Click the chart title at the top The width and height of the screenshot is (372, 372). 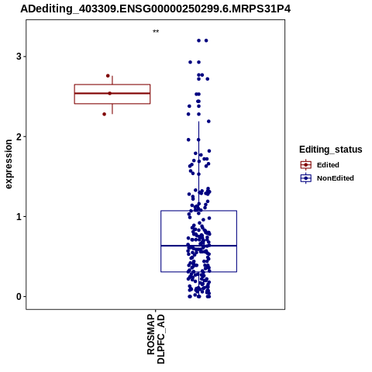pos(156,9)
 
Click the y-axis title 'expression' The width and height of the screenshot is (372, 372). pos(9,164)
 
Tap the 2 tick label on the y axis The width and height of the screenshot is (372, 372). pos(19,136)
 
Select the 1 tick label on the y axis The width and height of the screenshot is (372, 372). pos(19,217)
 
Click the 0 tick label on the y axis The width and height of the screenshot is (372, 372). pos(19,297)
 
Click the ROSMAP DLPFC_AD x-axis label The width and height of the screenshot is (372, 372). pos(156,339)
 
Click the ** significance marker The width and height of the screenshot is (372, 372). pos(156,32)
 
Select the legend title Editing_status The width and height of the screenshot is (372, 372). pos(331,150)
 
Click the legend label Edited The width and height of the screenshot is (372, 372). pos(328,165)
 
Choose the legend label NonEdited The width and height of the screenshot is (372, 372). pos(336,178)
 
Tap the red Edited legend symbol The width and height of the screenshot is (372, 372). pos(306,165)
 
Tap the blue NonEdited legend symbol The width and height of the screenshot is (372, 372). pos(306,178)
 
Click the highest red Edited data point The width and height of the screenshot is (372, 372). pos(108,76)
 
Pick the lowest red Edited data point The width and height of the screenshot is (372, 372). pos(105,114)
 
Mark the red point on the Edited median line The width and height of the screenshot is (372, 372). pos(110,93)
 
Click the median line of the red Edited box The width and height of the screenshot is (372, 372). pos(112,93)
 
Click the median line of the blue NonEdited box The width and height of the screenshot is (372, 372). pos(198,246)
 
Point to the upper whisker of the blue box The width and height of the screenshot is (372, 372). pos(198,166)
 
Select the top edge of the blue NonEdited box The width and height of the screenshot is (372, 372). pos(198,211)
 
